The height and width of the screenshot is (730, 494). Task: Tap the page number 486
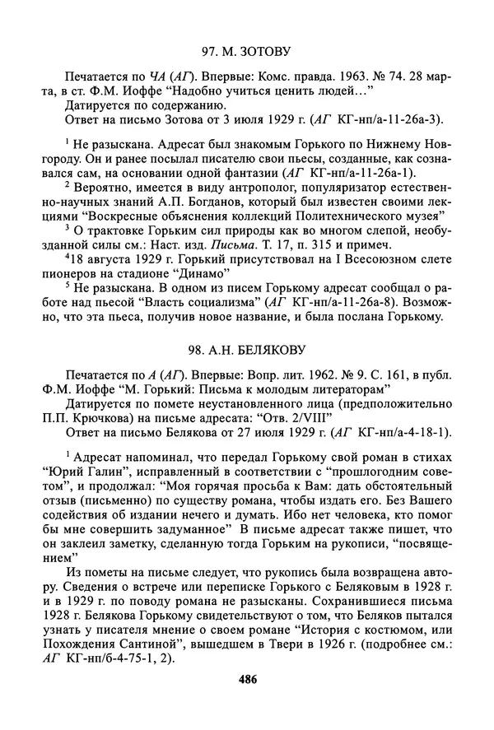click(x=246, y=679)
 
